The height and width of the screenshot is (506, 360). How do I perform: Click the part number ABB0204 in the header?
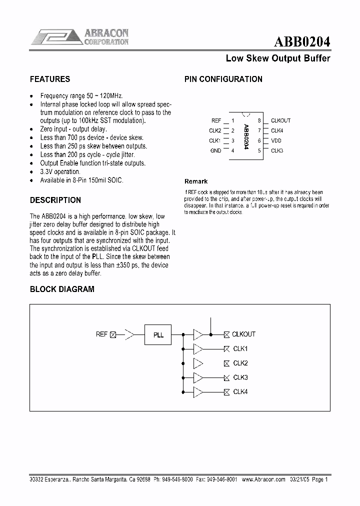[302, 41]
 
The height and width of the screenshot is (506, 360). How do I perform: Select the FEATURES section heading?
[50, 79]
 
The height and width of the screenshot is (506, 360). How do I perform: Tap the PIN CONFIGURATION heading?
[223, 79]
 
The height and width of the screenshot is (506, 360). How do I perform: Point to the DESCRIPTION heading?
[55, 200]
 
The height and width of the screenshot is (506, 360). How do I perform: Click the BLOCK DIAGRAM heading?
[62, 289]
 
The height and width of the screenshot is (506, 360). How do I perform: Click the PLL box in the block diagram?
[157, 334]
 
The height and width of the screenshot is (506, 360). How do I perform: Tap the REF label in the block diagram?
[101, 334]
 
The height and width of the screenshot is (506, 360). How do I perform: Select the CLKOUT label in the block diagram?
[244, 334]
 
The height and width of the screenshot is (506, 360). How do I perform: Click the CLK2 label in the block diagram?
[240, 363]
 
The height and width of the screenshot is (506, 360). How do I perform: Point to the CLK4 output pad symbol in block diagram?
[226, 392]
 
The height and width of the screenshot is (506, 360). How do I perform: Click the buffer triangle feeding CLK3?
[198, 377]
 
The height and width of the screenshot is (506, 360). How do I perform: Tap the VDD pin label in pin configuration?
[276, 140]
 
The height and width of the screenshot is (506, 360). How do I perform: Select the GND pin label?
[215, 150]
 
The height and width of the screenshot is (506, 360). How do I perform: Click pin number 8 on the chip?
[259, 120]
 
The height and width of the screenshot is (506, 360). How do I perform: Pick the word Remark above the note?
[196, 181]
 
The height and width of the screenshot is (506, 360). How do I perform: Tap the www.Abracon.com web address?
[263, 478]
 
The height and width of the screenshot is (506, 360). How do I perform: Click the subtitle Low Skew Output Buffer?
[278, 58]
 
